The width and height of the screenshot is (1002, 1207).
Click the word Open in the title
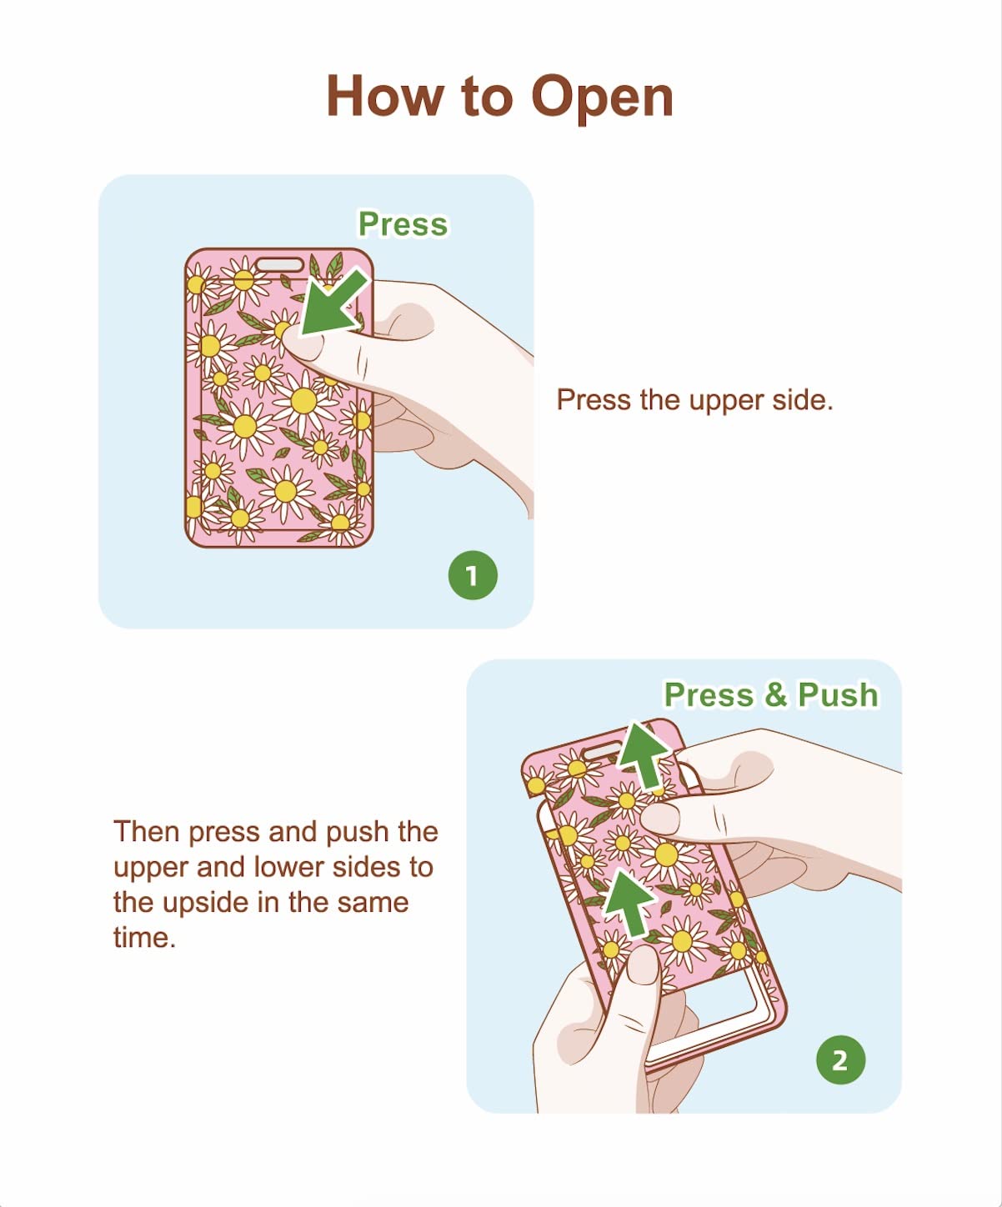pos(602,98)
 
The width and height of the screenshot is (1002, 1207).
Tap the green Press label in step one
pos(403,223)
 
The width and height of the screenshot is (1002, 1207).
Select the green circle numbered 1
pos(473,575)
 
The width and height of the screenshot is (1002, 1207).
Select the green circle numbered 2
pos(840,1059)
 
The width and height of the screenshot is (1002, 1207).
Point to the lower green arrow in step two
pos(629,903)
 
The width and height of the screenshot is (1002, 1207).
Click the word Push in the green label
pos(838,694)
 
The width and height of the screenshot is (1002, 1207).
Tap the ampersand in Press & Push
pos(775,695)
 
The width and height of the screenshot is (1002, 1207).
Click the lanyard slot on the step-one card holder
pos(279,265)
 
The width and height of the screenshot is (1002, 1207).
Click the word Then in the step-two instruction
pos(147,831)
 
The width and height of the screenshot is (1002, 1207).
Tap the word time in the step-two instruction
pos(144,938)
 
